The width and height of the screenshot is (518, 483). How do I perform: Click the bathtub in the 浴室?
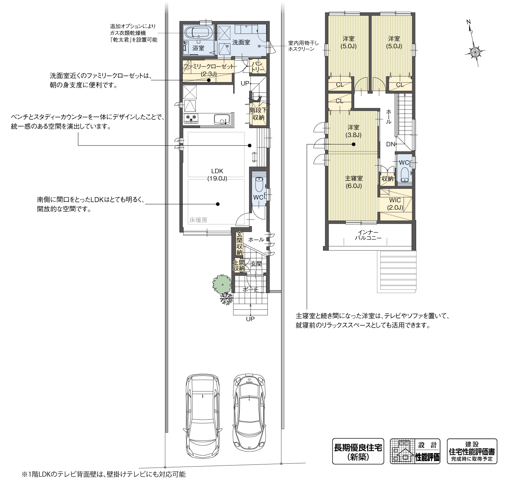(198, 32)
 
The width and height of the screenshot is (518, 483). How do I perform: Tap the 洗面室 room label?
(241, 42)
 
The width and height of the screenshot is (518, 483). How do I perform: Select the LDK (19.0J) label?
(217, 175)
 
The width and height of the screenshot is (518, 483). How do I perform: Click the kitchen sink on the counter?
(221, 120)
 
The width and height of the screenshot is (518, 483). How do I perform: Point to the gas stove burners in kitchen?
(191, 119)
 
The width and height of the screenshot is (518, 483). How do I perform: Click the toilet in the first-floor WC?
(258, 183)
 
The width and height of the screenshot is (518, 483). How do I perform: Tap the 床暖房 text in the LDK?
(198, 220)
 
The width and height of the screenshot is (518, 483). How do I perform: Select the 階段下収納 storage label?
(258, 113)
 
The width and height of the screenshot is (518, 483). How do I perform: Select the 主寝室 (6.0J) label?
(353, 182)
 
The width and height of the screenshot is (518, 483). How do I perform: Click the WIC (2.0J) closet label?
(395, 204)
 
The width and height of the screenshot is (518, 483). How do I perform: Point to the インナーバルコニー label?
(366, 235)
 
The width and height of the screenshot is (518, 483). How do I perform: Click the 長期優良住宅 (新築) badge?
(358, 451)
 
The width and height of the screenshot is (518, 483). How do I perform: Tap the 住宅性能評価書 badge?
(472, 451)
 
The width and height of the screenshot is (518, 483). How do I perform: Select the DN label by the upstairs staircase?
(391, 144)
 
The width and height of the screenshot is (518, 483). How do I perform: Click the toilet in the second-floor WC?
(404, 174)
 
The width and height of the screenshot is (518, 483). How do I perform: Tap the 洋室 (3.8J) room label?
(353, 131)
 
